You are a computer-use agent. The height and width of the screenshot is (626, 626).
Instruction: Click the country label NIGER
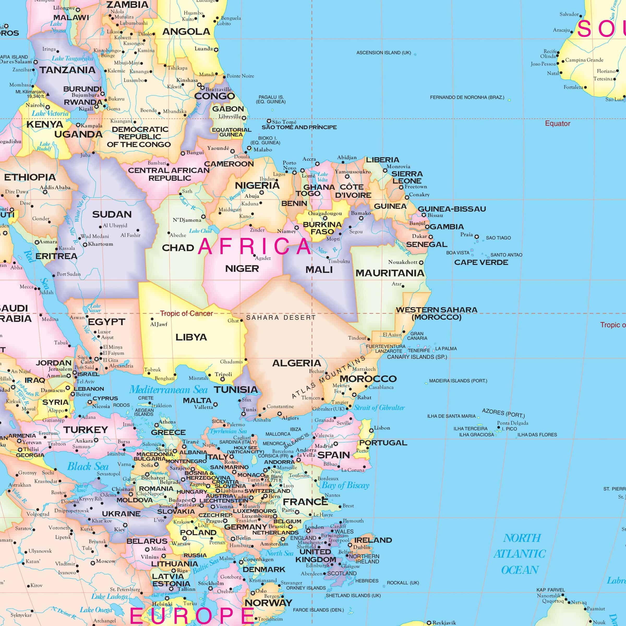[x=242, y=269]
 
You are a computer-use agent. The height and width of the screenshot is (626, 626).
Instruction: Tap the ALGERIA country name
[x=296, y=363]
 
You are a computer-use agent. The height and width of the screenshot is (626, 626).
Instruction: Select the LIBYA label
[x=191, y=337]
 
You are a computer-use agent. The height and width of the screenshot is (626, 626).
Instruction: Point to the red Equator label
[x=557, y=123]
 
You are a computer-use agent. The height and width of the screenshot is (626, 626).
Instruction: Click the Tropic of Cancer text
[x=186, y=313]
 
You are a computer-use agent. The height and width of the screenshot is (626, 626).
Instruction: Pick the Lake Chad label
[x=200, y=231]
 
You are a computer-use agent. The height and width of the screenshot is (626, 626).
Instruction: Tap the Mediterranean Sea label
[x=168, y=390]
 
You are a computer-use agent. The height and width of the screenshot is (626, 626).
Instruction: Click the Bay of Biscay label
[x=345, y=485]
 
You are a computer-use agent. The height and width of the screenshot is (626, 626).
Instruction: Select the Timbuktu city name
[x=339, y=262]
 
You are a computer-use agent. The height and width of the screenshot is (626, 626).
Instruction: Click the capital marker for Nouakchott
[x=421, y=263]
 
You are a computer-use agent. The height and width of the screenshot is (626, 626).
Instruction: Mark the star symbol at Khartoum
[x=85, y=245]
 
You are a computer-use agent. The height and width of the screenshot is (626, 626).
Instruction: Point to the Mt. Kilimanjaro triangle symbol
[x=48, y=94]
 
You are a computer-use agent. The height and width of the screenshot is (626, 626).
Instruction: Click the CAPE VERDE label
[x=481, y=263]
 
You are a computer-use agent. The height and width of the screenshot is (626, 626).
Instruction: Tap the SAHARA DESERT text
[x=281, y=318]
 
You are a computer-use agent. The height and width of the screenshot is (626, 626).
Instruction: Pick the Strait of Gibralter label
[x=379, y=408]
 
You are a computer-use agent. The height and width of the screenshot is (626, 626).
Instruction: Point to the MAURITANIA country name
[x=390, y=273]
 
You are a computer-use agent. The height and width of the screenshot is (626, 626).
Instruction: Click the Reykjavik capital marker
[x=429, y=623]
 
